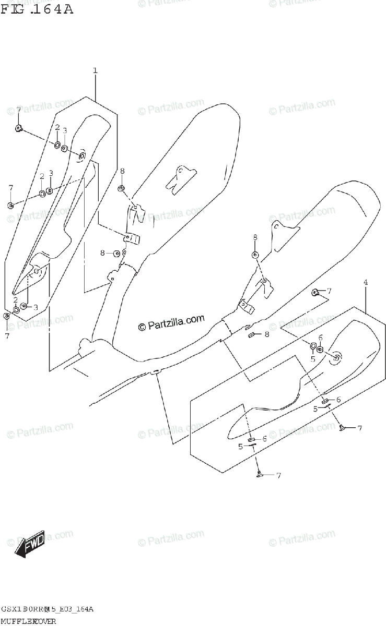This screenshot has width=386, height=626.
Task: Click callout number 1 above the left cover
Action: point(95,70)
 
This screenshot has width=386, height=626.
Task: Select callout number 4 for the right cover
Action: point(365,282)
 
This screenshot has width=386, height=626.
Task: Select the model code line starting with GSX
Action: point(47,609)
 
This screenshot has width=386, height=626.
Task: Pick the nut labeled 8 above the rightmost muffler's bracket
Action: point(255,255)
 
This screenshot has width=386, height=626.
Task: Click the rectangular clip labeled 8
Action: point(251,334)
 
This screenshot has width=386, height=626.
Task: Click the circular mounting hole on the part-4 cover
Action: point(336,357)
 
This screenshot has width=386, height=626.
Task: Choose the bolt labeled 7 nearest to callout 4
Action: point(315,292)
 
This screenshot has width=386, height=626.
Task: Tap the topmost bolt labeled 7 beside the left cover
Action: point(18,128)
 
